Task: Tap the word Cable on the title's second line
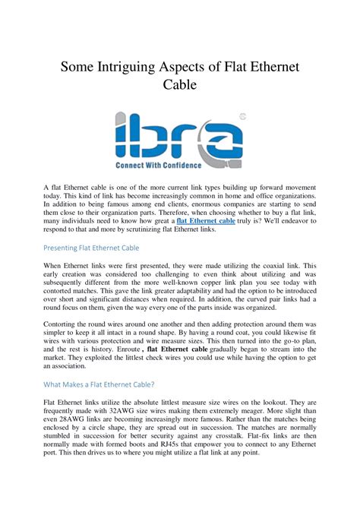pyautogui.click(x=180, y=85)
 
